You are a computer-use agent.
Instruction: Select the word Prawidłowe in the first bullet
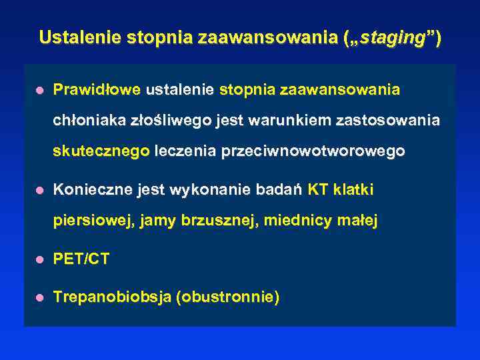click(x=97, y=89)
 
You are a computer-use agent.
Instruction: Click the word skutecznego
click(x=101, y=152)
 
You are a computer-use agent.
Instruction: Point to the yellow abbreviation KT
click(x=318, y=190)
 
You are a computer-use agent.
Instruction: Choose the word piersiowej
click(x=93, y=221)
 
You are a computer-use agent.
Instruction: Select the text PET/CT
click(x=81, y=259)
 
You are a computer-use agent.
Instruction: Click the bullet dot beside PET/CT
click(x=40, y=260)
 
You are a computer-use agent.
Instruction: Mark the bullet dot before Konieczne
click(x=40, y=191)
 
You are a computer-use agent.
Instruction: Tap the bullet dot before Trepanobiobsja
click(x=40, y=298)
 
